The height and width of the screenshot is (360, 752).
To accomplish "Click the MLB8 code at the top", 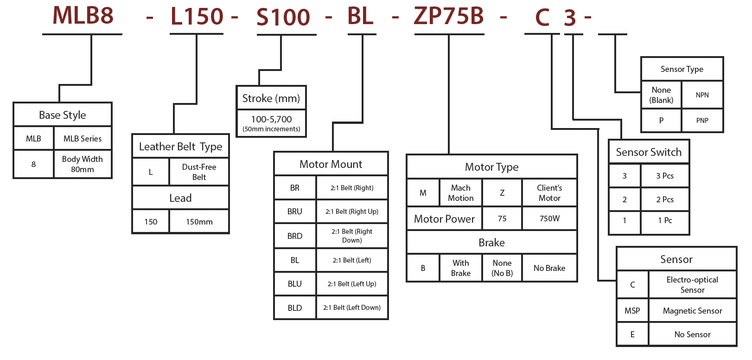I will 83,15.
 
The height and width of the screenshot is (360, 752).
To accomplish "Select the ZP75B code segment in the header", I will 448,16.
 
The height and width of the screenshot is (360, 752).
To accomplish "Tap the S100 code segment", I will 283,18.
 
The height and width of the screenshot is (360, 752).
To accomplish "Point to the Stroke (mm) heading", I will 271,98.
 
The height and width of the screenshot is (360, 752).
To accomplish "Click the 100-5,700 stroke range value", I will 271,120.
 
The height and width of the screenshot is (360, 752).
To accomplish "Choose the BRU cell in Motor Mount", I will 295,212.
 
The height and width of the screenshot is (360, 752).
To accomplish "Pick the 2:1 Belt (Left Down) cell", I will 352,308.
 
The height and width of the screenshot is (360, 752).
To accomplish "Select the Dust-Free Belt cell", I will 199,172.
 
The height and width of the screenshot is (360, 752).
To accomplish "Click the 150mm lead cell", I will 199,222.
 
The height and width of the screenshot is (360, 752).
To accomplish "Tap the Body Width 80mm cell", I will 83,164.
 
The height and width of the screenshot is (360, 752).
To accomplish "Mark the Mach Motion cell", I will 460,193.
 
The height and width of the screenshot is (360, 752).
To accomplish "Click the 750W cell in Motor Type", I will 549,219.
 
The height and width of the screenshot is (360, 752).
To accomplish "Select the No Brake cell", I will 549,268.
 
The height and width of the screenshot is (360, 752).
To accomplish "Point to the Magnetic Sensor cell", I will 692,311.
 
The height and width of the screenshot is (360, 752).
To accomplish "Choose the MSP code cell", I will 632,311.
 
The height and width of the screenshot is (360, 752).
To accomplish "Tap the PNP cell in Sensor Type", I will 702,121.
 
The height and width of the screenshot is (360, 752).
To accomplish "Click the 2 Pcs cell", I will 665,199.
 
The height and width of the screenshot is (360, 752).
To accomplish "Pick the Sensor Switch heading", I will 649,152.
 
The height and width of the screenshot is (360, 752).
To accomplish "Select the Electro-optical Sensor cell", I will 692,285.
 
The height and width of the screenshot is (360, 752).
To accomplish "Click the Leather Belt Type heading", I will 180,147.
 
